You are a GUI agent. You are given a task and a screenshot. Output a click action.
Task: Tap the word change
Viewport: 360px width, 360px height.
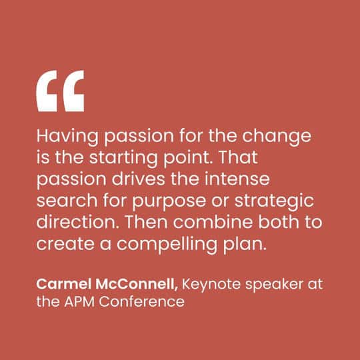click(x=277, y=137)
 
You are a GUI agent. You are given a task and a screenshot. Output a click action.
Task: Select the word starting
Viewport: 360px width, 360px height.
click(x=123, y=159)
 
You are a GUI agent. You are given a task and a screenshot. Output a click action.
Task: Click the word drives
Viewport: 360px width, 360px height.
click(x=138, y=179)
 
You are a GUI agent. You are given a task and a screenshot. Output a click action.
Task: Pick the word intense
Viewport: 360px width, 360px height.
click(x=237, y=179)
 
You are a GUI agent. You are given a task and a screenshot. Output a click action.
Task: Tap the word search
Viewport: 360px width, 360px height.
click(x=67, y=200)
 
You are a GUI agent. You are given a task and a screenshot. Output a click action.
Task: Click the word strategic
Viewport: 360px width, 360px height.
click(x=274, y=201)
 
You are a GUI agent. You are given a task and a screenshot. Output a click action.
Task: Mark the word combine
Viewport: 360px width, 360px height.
click(x=213, y=222)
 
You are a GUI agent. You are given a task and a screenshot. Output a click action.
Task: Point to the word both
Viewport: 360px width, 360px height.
click(x=279, y=222)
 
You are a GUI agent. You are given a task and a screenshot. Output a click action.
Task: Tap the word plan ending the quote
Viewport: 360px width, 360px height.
click(x=245, y=245)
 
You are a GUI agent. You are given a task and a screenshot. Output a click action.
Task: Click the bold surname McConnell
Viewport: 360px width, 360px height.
click(x=137, y=285)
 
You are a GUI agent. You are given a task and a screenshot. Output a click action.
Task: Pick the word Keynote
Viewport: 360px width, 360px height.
click(x=211, y=285)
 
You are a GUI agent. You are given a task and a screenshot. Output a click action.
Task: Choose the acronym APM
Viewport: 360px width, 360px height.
click(x=79, y=301)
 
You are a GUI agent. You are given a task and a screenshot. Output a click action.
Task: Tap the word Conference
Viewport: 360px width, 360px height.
click(x=141, y=301)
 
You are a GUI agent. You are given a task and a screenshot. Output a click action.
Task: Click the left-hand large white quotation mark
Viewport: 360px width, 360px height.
click(x=46, y=91)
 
